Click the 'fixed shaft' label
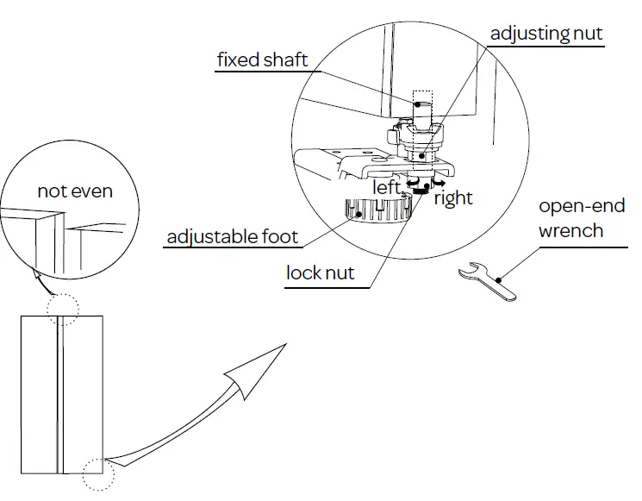[262, 60]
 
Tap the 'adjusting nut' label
[546, 34]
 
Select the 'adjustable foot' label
[233, 237]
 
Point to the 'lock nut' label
[321, 274]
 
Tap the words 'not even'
[75, 191]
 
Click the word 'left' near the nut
[387, 187]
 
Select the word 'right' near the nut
[453, 198]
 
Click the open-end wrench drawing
[488, 281]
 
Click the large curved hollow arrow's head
[259, 369]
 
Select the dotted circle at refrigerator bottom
[97, 473]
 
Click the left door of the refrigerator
[39, 393]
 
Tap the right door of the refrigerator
[82, 393]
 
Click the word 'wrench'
[570, 230]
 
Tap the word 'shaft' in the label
[286, 60]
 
